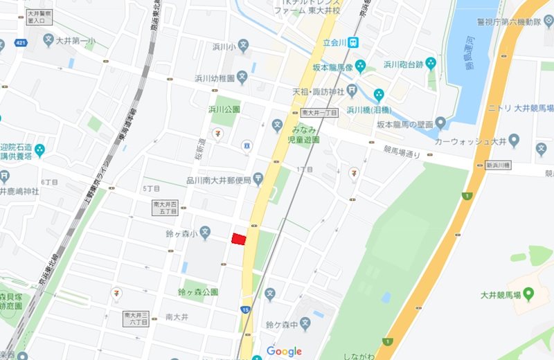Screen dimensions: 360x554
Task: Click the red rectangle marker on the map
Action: pos(238,239)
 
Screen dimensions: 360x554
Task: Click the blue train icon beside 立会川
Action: pos(353,42)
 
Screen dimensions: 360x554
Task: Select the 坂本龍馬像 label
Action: pos(332,68)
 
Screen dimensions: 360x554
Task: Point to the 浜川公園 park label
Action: pos(224,109)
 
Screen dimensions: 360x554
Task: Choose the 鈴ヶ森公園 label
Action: pos(197,292)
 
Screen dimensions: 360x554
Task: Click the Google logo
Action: pos(284,352)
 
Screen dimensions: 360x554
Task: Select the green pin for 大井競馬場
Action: pos(529,295)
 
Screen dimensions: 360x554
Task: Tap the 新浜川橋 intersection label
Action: pos(497,165)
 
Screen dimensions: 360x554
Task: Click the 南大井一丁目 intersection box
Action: pos(319,113)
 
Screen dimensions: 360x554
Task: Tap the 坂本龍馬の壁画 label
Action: pos(405,125)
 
